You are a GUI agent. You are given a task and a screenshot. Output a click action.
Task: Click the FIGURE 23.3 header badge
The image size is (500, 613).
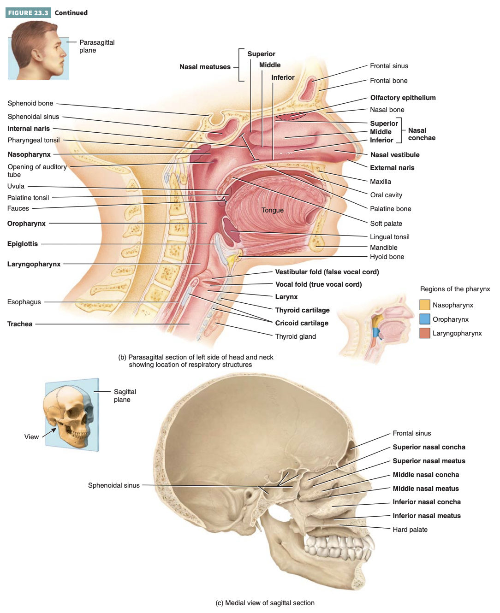click(28, 13)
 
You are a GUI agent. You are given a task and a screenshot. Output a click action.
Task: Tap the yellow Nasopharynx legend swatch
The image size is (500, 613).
click(424, 305)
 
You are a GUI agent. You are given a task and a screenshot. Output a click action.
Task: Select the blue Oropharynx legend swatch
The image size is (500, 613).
click(424, 319)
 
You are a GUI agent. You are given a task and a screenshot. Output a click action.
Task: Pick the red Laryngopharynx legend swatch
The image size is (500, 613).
click(424, 333)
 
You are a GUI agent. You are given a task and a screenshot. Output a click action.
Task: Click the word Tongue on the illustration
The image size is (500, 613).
click(272, 210)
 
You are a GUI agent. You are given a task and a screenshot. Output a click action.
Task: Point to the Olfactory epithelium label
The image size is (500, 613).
click(403, 98)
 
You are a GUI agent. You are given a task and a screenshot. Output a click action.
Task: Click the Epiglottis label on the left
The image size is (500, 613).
click(23, 244)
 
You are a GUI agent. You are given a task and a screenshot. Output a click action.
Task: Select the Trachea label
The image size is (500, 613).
click(20, 324)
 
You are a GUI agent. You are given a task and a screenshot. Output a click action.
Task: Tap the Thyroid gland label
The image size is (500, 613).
click(295, 336)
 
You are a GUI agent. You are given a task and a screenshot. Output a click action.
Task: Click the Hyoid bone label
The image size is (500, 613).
click(387, 257)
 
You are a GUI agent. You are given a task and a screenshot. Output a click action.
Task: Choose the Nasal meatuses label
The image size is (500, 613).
click(205, 67)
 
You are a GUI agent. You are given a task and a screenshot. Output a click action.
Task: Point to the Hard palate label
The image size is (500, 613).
click(410, 530)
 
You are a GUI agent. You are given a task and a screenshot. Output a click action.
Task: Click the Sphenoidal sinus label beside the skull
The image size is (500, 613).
click(113, 485)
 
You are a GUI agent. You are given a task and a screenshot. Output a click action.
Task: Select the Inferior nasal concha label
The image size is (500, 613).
click(426, 502)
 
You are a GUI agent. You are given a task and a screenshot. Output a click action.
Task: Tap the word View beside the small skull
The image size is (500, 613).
click(31, 437)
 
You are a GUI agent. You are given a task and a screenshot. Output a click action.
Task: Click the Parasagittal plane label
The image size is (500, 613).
click(96, 46)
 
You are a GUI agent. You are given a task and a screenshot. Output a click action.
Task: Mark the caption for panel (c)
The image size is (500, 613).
click(265, 603)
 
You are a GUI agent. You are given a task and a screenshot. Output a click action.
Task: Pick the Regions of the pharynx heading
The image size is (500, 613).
click(455, 289)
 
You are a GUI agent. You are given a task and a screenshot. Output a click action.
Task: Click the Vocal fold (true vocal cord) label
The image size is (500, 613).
click(318, 284)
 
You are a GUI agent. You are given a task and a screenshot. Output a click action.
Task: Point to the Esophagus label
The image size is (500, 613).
click(24, 302)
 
